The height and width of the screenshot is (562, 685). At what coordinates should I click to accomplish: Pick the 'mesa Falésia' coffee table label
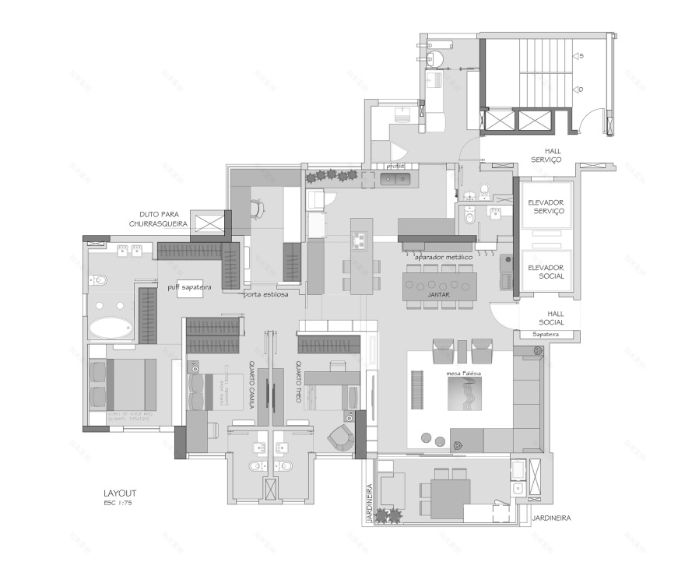tap(465, 374)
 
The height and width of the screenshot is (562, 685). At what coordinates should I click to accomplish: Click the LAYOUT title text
tap(119, 493)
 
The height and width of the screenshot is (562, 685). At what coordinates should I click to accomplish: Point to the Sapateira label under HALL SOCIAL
tap(545, 334)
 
